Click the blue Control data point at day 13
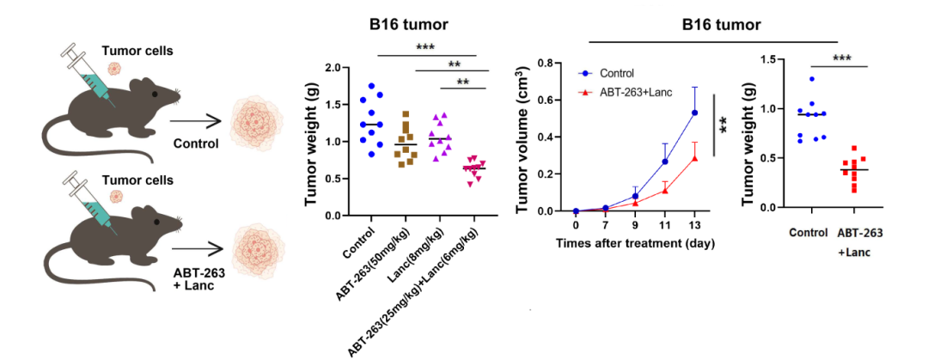(694, 113)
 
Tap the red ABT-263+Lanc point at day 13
(694, 157)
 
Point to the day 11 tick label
(664, 225)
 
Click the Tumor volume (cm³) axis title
(522, 137)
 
